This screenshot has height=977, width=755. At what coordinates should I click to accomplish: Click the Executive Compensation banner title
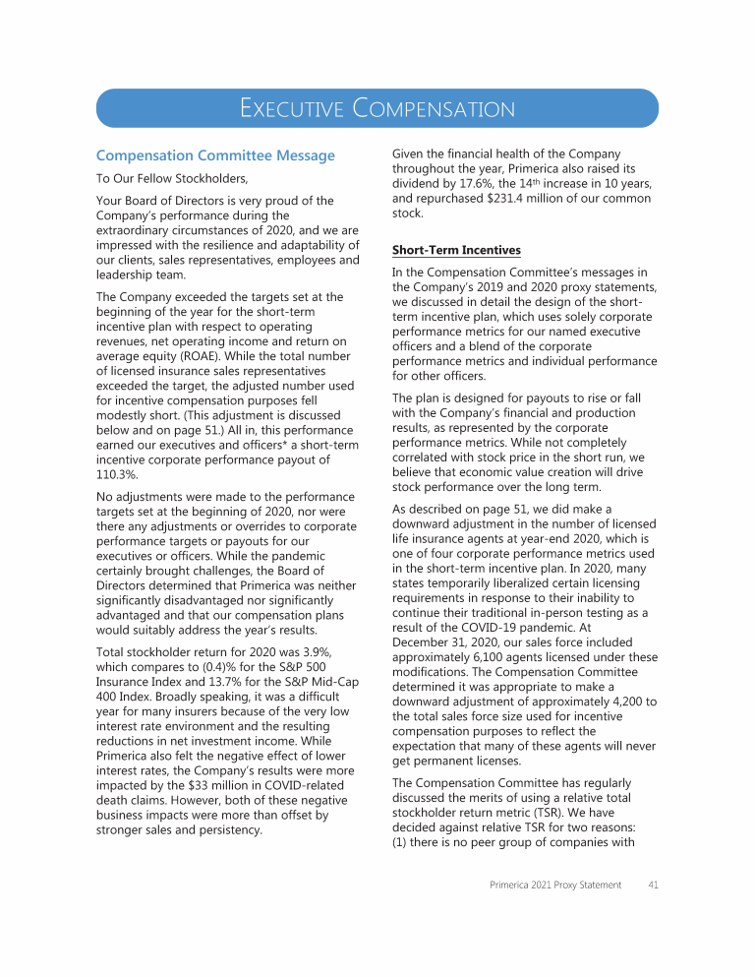[377, 108]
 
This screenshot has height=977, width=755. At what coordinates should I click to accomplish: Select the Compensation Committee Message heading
[215, 155]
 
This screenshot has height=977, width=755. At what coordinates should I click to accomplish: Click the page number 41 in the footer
[652, 885]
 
